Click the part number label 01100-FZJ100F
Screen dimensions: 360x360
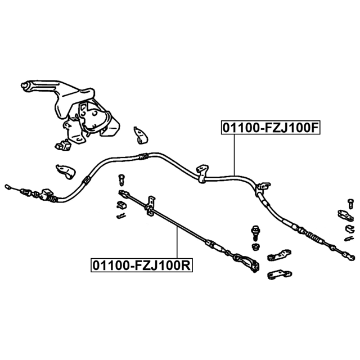click(271, 128)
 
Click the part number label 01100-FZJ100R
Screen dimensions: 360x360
click(142, 265)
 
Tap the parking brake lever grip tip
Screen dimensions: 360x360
click(24, 85)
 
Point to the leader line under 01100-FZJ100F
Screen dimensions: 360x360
click(234, 155)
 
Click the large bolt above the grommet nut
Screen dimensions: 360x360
click(255, 232)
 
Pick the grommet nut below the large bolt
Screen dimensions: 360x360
click(256, 246)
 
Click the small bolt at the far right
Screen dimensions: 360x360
click(350, 204)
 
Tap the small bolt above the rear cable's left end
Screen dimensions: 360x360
click(121, 180)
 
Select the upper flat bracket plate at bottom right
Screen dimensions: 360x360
click(279, 255)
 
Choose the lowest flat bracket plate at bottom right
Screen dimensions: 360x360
click(280, 274)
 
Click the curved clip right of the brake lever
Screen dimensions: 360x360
click(141, 136)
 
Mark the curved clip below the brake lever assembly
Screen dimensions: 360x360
click(66, 172)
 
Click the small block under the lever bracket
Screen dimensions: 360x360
click(63, 145)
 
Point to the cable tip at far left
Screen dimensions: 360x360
click(7, 187)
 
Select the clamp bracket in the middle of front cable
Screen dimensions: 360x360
click(202, 174)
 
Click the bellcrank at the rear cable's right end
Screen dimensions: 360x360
click(246, 263)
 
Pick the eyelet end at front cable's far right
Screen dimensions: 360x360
click(349, 257)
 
